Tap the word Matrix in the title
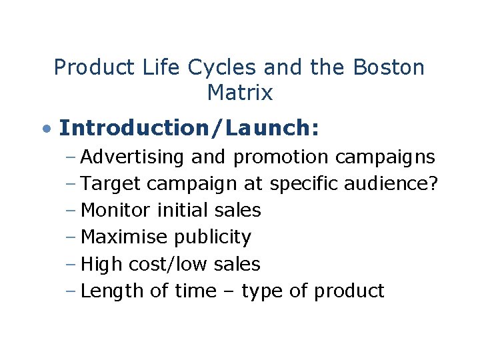pyautogui.click(x=240, y=93)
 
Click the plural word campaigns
pyautogui.click(x=385, y=157)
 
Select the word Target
pyautogui.click(x=111, y=184)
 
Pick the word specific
pyautogui.click(x=304, y=185)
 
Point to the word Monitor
pyautogui.click(x=116, y=211)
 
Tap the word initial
pyautogui.click(x=183, y=211)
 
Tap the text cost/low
pyautogui.click(x=171, y=264)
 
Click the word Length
pyautogui.click(x=112, y=291)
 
